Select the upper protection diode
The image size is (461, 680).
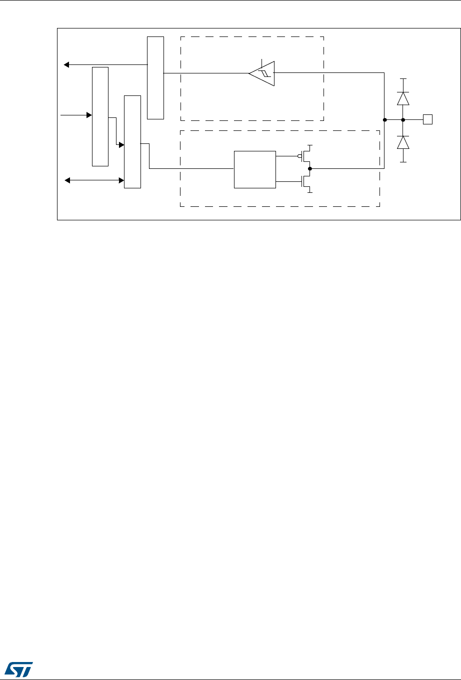[403, 98]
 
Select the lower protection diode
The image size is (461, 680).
[403, 143]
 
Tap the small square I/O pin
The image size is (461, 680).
[427, 119]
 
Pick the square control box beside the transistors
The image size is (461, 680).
[254, 169]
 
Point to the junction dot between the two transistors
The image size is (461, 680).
[310, 169]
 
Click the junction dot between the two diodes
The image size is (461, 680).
[403, 119]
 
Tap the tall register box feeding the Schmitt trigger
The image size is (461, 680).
[155, 77]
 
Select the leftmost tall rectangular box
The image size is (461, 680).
[100, 115]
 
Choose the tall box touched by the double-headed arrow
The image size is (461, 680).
[132, 141]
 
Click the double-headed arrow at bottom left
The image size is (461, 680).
[94, 180]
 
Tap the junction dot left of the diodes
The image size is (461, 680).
[384, 120]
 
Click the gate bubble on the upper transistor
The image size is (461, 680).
[299, 156]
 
